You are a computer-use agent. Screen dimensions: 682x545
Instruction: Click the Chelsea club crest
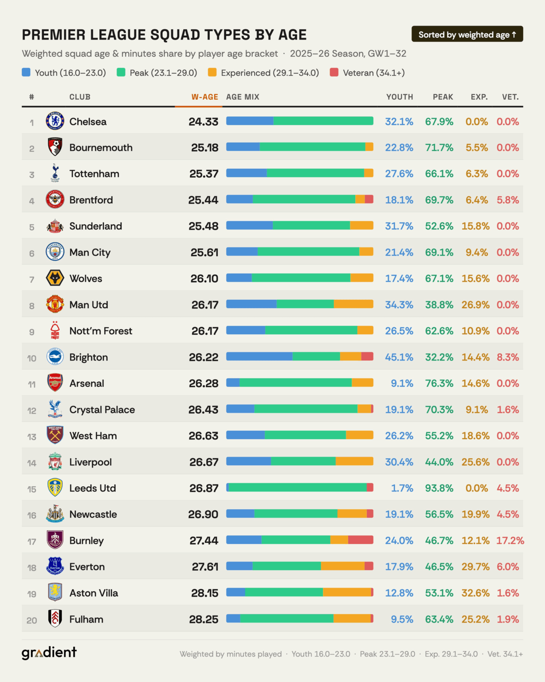pyautogui.click(x=55, y=121)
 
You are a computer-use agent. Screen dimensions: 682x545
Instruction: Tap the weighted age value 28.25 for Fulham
pyautogui.click(x=204, y=619)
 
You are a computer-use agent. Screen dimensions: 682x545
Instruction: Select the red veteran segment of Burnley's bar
pyautogui.click(x=361, y=540)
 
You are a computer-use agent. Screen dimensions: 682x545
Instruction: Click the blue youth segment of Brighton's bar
pyautogui.click(x=259, y=357)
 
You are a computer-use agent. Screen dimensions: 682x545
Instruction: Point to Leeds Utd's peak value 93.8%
pyautogui.click(x=439, y=488)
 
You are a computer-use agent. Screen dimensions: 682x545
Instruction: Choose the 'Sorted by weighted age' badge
pyautogui.click(x=467, y=34)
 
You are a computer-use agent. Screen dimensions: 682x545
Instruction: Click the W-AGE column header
pyautogui.click(x=204, y=97)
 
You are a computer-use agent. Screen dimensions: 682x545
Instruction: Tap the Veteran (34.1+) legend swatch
pyautogui.click(x=334, y=72)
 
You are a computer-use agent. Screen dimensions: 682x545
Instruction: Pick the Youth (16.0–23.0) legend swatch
pyautogui.click(x=26, y=72)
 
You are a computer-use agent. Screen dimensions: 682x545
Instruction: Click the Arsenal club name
pyautogui.click(x=87, y=384)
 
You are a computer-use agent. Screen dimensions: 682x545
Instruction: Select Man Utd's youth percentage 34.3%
pyautogui.click(x=399, y=305)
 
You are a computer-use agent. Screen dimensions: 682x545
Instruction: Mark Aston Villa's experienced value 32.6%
pyautogui.click(x=475, y=593)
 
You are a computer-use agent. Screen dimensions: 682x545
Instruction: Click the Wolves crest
pyautogui.click(x=55, y=278)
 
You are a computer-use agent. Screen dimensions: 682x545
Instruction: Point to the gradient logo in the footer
pyautogui.click(x=49, y=653)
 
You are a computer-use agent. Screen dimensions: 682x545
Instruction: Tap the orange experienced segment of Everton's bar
pyautogui.click(x=342, y=566)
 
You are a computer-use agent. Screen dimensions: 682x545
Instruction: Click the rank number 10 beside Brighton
pyautogui.click(x=31, y=358)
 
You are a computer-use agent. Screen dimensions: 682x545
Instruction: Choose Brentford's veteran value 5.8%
pyautogui.click(x=508, y=200)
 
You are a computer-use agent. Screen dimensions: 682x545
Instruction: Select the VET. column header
pyautogui.click(x=510, y=97)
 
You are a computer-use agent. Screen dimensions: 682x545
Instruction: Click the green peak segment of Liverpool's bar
pyautogui.click(x=303, y=461)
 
